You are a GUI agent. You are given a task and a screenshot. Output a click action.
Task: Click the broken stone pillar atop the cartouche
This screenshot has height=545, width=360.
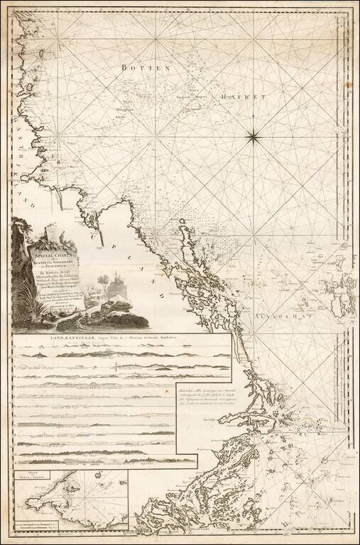(x=51, y=230)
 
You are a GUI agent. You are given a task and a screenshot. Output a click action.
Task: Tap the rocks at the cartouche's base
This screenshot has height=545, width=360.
(x=114, y=309)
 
